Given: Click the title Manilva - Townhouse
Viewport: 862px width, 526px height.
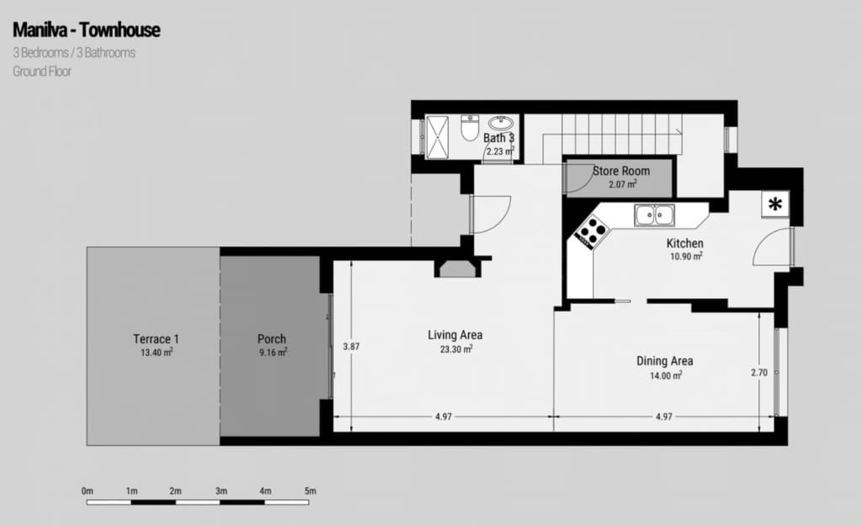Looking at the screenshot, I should [x=86, y=31].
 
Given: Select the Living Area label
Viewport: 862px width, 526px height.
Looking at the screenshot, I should [x=455, y=335].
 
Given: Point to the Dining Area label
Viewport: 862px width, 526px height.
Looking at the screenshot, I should [x=664, y=361].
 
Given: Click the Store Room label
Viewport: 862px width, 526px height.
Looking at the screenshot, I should [x=621, y=171].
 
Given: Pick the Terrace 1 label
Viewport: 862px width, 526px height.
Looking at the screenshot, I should [x=156, y=339].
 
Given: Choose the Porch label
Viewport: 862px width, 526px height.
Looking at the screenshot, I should [x=272, y=339].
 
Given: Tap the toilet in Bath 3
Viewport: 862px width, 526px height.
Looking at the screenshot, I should [x=469, y=130].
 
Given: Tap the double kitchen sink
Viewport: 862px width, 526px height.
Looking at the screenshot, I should [x=655, y=215].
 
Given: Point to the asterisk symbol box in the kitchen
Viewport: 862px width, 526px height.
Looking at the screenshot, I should [x=774, y=204].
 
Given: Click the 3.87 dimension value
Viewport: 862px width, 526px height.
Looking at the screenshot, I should [x=351, y=345].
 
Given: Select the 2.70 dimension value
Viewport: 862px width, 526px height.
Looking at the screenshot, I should [x=758, y=372].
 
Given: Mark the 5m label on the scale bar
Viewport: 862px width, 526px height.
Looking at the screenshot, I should [x=310, y=491].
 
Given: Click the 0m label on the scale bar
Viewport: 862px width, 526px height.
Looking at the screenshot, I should [x=87, y=491].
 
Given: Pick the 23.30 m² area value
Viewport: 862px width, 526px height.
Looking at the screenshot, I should [x=455, y=348].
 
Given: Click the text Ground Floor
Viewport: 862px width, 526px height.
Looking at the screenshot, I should [x=41, y=72].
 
